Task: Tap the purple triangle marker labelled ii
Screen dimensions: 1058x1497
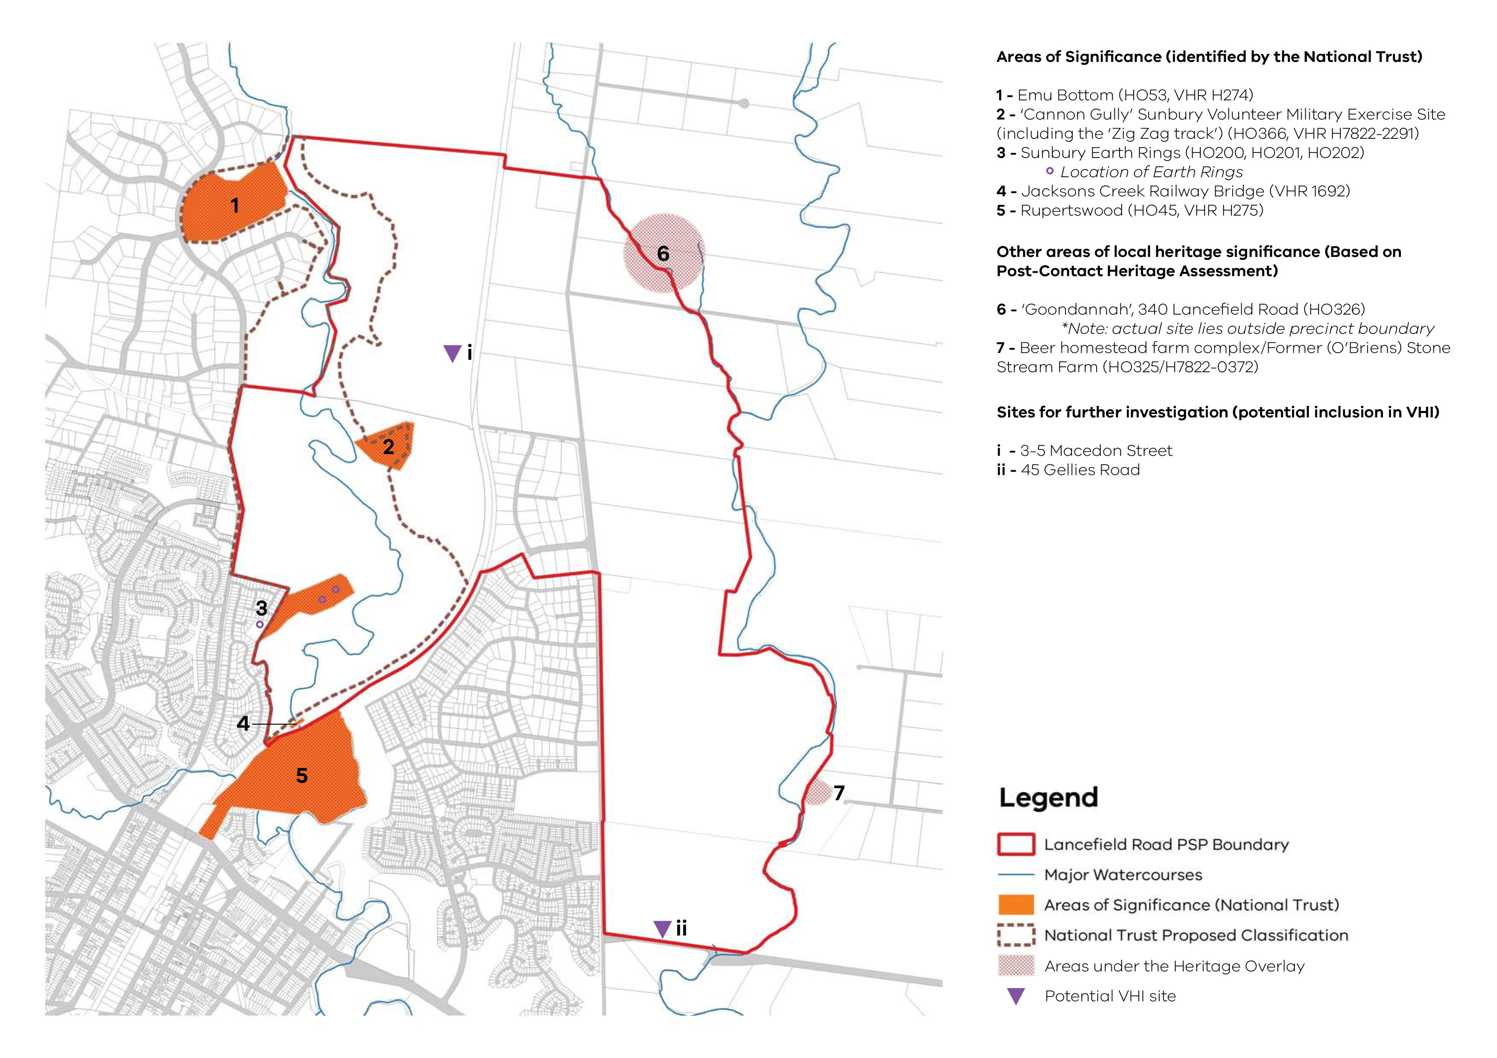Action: coord(662,928)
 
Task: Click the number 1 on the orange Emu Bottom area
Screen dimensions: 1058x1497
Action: coord(235,206)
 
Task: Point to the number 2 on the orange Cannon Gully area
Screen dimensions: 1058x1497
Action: coord(389,447)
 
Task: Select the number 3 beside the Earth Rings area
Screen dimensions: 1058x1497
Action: coord(261,608)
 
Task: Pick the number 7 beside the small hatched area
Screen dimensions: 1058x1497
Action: coord(839,793)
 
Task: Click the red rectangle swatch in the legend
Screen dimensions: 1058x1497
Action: coord(1016,844)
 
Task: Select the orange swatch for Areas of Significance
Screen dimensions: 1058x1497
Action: coord(1016,905)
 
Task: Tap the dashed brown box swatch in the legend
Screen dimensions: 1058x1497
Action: coord(1016,936)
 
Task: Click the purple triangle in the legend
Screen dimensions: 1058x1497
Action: coord(1016,995)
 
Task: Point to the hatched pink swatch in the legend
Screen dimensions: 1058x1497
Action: coord(1016,965)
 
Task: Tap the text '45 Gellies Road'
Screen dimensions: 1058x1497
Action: coord(1080,470)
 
